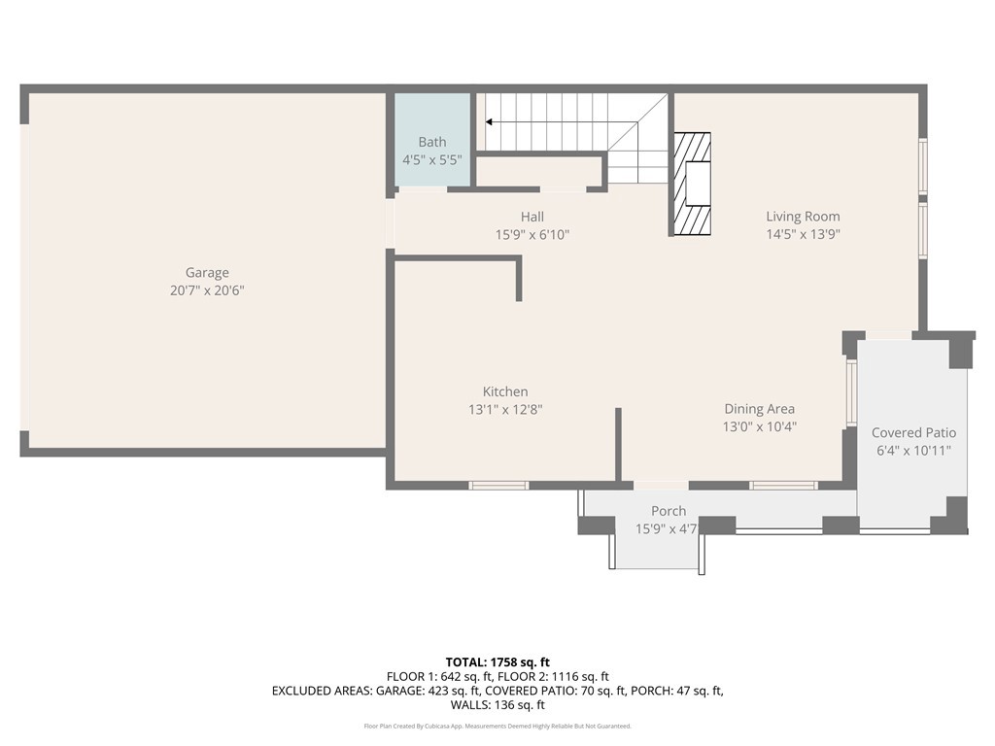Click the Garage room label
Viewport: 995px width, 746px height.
point(207,273)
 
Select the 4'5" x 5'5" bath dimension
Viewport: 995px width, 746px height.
point(432,159)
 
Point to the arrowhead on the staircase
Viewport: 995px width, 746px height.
point(489,122)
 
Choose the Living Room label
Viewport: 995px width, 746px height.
point(803,217)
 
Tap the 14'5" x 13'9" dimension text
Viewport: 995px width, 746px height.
point(803,234)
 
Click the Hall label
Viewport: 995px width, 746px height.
point(532,217)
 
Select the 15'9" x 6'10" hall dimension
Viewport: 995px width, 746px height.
point(532,234)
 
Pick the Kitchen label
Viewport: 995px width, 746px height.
point(505,391)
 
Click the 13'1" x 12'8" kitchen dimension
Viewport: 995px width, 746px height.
point(505,410)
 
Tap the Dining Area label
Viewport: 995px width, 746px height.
point(759,409)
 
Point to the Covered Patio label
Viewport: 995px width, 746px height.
point(913,432)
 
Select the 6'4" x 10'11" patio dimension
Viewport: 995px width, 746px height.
point(913,451)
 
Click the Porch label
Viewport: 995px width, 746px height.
point(669,511)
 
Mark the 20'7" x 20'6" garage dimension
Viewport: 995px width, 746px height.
point(207,290)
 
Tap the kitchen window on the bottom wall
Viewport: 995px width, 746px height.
point(498,485)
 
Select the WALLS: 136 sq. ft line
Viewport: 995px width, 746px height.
point(497,705)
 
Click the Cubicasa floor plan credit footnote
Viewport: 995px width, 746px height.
point(497,727)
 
